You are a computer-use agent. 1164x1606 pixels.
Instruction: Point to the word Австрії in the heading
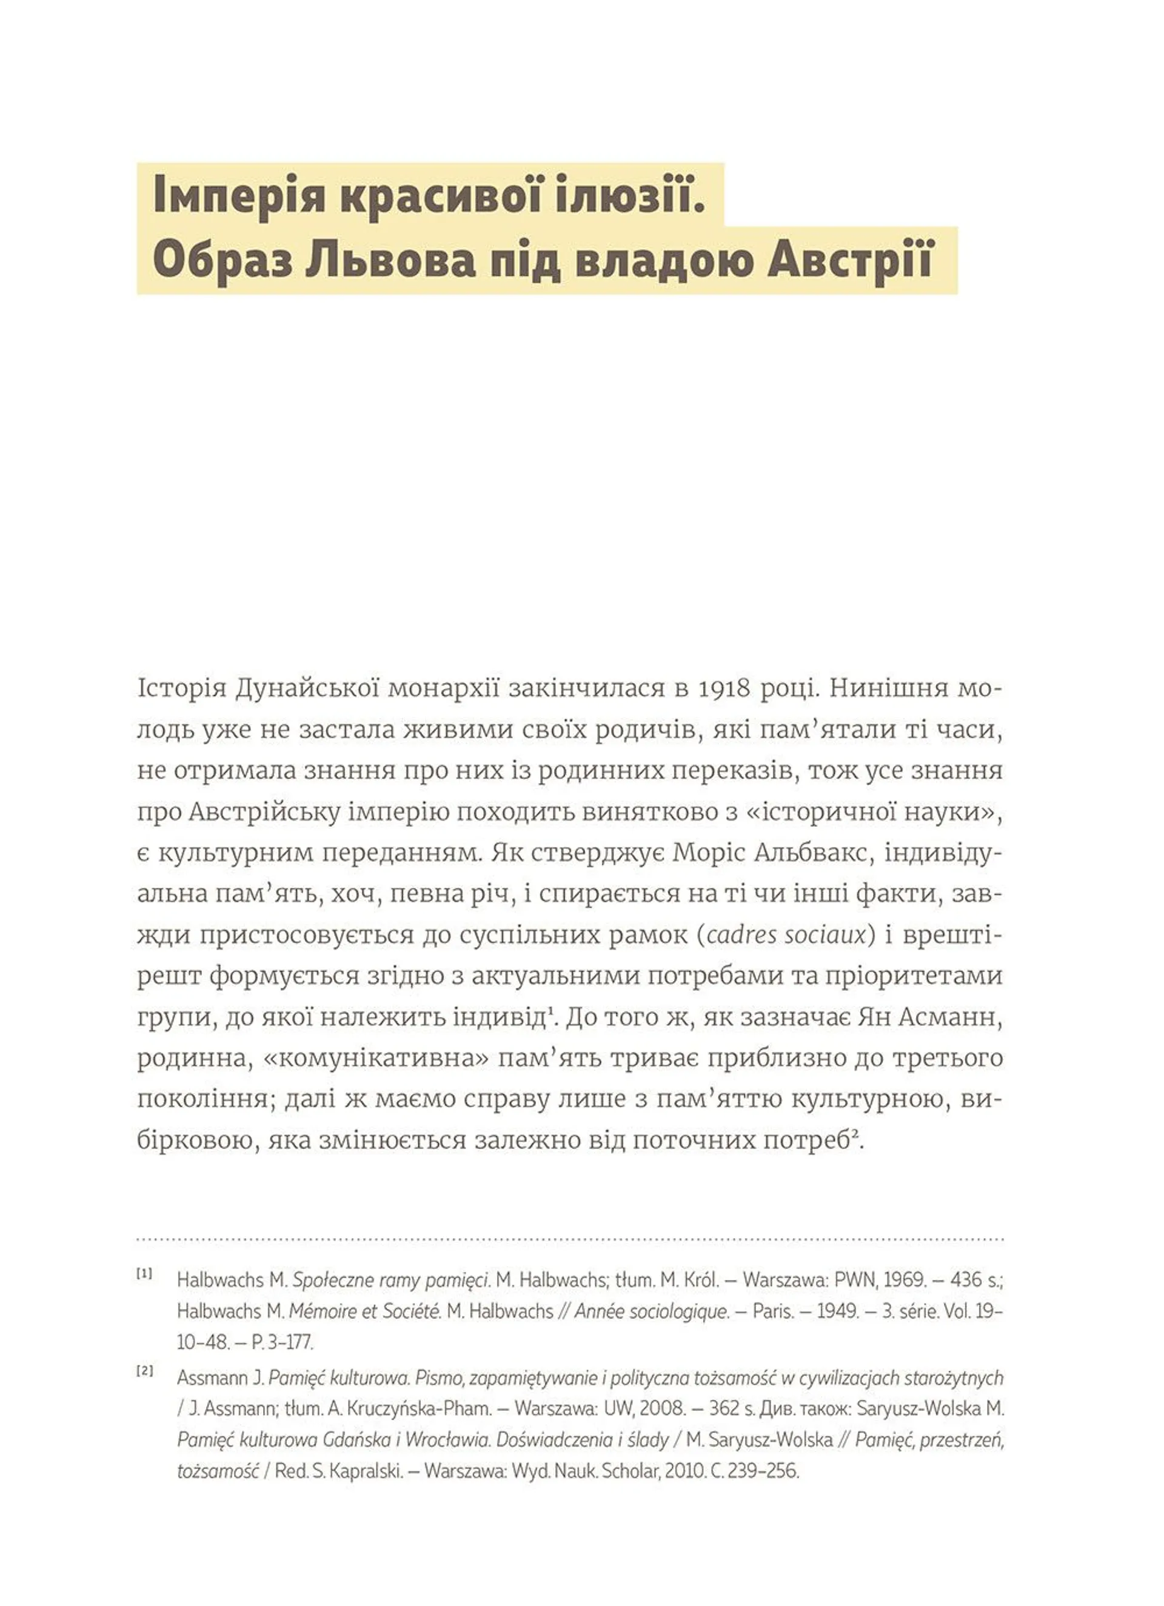(849, 261)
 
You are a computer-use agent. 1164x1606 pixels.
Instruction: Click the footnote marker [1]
(144, 1274)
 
